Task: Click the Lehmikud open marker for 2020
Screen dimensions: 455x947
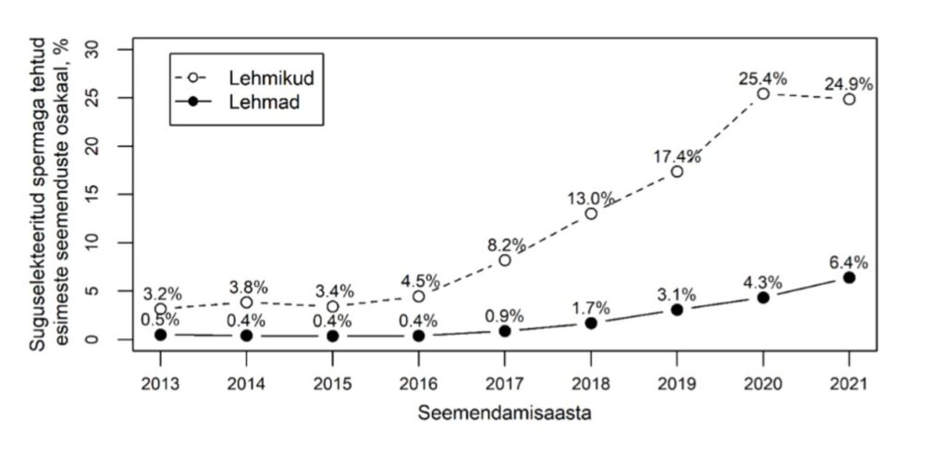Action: tap(763, 93)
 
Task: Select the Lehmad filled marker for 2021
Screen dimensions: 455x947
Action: tap(849, 277)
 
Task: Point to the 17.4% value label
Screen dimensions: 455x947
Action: tap(677, 156)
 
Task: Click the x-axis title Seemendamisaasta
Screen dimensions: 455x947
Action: tap(504, 412)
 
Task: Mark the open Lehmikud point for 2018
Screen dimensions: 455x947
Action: tap(591, 214)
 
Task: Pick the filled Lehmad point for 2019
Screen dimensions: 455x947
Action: tap(677, 310)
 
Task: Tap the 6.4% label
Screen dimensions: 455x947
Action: tap(849, 262)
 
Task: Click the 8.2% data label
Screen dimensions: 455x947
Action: tap(505, 245)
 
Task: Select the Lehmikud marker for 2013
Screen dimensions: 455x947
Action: tap(160, 309)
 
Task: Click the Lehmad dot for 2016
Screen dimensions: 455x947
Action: tap(418, 336)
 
